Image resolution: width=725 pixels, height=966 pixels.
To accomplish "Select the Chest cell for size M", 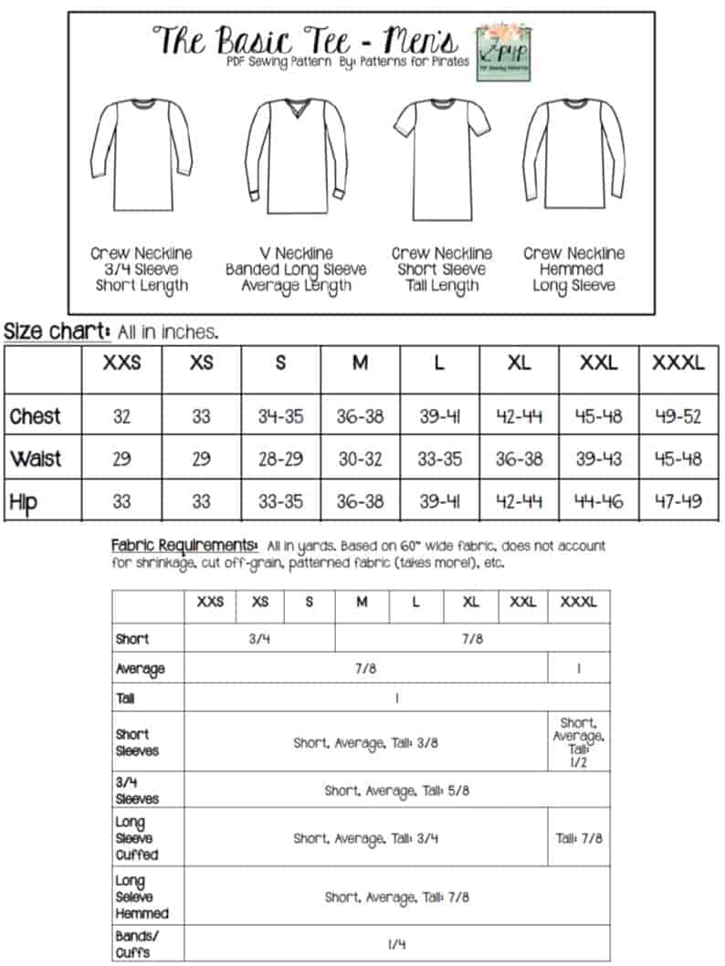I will point(360,417).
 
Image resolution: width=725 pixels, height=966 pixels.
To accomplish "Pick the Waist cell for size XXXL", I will point(678,459).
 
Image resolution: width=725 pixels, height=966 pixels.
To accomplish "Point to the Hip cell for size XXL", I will point(599,501).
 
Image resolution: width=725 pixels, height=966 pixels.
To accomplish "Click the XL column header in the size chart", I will point(520,362).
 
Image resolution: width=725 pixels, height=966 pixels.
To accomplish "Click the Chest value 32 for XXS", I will point(121,417).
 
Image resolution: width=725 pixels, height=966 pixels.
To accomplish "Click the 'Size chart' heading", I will point(58,331).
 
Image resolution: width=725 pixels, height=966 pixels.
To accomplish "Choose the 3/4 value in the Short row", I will point(259,639).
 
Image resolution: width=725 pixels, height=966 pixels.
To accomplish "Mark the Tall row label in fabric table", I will point(124,698).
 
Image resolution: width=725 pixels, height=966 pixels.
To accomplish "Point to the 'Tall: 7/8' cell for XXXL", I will point(579,837).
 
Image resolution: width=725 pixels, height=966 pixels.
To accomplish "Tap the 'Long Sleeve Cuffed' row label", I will point(137,838).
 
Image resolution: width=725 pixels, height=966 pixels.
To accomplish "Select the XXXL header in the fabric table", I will point(579,603).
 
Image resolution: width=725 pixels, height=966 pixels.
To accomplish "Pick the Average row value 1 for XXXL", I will point(579,668).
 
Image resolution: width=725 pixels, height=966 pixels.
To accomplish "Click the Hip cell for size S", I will point(280,501).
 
